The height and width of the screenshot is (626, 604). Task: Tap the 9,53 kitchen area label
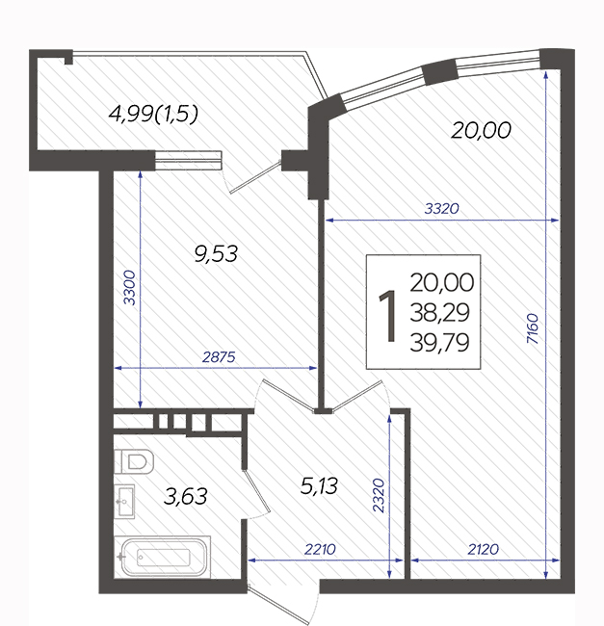point(216,254)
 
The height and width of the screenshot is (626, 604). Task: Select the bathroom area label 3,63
point(186,497)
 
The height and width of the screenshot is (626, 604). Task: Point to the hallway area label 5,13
point(319,486)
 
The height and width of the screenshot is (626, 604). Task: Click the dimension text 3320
point(441,208)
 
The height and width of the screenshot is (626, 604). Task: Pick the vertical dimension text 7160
point(533,328)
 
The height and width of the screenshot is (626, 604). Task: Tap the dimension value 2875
point(219,357)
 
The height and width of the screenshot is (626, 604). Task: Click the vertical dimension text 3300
point(129,287)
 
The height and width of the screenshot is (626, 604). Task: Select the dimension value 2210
point(320,549)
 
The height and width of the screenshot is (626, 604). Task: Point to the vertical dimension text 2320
point(378,495)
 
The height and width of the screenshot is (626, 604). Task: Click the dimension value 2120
point(483,549)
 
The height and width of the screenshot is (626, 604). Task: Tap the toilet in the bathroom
point(134,461)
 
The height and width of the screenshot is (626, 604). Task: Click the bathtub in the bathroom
point(163,557)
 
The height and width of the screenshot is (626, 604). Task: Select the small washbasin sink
point(124,502)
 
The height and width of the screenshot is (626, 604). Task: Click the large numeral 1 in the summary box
point(387,315)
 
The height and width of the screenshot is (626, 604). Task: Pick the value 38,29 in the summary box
point(439,313)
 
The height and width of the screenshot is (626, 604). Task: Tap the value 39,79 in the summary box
point(439,343)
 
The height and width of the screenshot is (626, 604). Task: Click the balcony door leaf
point(255,176)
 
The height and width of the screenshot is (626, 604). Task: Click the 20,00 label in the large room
point(481,131)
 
